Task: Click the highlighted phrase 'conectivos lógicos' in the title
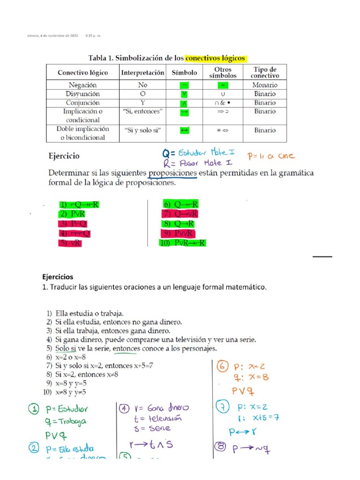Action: tap(215, 59)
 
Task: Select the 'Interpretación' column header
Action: tap(142, 73)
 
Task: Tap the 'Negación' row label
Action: tap(82, 85)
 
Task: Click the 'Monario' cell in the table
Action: tap(265, 85)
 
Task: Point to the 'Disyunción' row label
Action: tap(82, 94)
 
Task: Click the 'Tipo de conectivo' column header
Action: tap(265, 72)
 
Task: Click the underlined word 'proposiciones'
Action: tap(172, 173)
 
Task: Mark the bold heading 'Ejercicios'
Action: tap(58, 277)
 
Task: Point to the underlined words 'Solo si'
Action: tap(66, 349)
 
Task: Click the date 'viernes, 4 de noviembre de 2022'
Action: tap(52, 36)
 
